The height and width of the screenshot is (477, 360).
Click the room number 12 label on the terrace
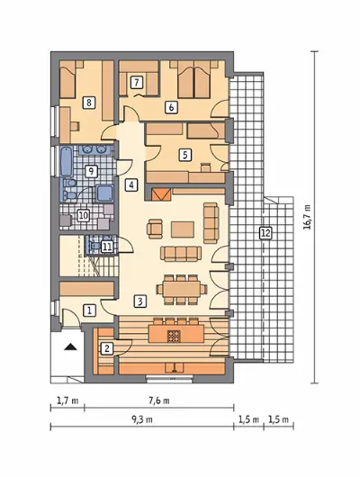[x=265, y=233]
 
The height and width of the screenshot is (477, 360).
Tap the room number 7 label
[x=136, y=82]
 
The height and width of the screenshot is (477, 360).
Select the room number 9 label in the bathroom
[x=91, y=172]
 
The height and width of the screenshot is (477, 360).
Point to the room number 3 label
[x=140, y=301]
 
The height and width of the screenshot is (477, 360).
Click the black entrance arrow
[x=70, y=346]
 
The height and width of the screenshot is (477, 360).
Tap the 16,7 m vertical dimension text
[x=308, y=217]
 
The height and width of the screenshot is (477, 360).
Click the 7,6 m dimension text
[x=159, y=400]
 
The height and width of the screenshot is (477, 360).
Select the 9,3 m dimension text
[x=142, y=419]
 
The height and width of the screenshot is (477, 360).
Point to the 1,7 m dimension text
[x=67, y=400]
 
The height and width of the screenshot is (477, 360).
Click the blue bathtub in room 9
[x=67, y=161]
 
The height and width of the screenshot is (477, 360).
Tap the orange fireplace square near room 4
[x=161, y=194]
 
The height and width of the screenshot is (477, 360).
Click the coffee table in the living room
[x=183, y=229]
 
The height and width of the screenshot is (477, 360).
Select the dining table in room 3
[x=182, y=288]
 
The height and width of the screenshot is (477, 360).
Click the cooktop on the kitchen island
[x=174, y=336]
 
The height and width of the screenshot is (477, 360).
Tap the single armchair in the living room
[x=155, y=229]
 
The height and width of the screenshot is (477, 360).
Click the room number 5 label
[x=185, y=155]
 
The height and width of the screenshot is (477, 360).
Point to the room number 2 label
[x=107, y=348]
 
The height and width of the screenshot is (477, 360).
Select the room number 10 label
[x=84, y=216]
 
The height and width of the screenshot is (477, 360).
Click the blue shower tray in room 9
[x=104, y=193]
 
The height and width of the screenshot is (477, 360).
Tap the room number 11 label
[x=107, y=247]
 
